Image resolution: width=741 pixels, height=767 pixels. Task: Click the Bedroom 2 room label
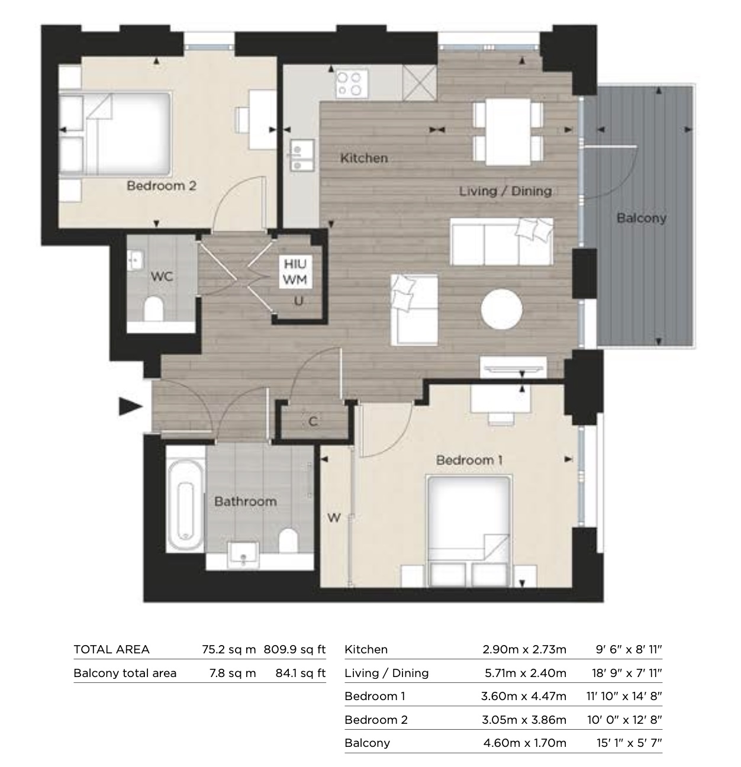click(161, 186)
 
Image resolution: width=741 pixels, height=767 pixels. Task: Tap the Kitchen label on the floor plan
click(364, 158)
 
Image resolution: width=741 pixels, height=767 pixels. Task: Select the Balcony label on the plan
click(642, 218)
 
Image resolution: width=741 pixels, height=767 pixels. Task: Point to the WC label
click(162, 276)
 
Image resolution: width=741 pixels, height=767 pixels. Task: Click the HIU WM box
click(295, 272)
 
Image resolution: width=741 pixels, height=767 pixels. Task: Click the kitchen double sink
click(302, 155)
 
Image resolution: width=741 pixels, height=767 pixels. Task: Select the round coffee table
click(501, 310)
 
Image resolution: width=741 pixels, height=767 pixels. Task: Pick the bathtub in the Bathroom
click(185, 505)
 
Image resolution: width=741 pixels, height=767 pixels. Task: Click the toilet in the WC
click(154, 308)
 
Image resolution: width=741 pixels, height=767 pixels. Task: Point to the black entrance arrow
click(130, 407)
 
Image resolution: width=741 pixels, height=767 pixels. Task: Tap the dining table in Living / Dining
click(508, 131)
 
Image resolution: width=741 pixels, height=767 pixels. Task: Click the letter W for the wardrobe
click(334, 518)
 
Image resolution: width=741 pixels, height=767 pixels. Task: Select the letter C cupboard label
click(313, 421)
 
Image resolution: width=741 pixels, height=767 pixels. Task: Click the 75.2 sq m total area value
click(229, 649)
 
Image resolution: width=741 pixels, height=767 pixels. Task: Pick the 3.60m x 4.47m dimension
click(523, 696)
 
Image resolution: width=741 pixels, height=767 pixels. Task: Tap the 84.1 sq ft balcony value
click(300, 673)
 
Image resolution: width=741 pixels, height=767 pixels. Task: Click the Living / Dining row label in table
click(386, 673)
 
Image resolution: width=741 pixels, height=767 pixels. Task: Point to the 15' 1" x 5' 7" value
click(629, 743)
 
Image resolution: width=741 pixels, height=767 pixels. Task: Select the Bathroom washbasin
click(243, 556)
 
